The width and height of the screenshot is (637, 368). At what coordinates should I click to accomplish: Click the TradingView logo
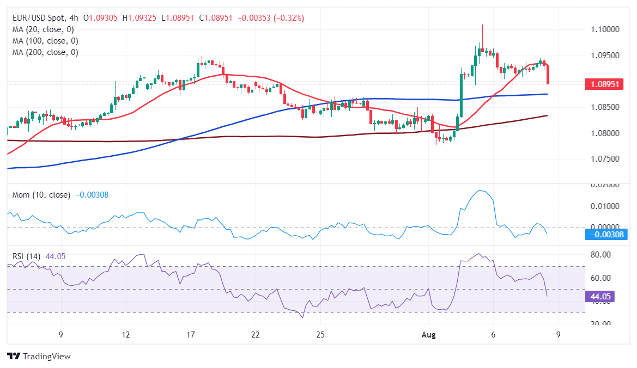(39, 356)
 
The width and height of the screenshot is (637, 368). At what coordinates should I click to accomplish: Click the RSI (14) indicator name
(27, 256)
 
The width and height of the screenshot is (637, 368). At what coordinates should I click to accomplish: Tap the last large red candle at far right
(548, 75)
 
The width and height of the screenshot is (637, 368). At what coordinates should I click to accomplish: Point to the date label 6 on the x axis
(494, 334)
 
